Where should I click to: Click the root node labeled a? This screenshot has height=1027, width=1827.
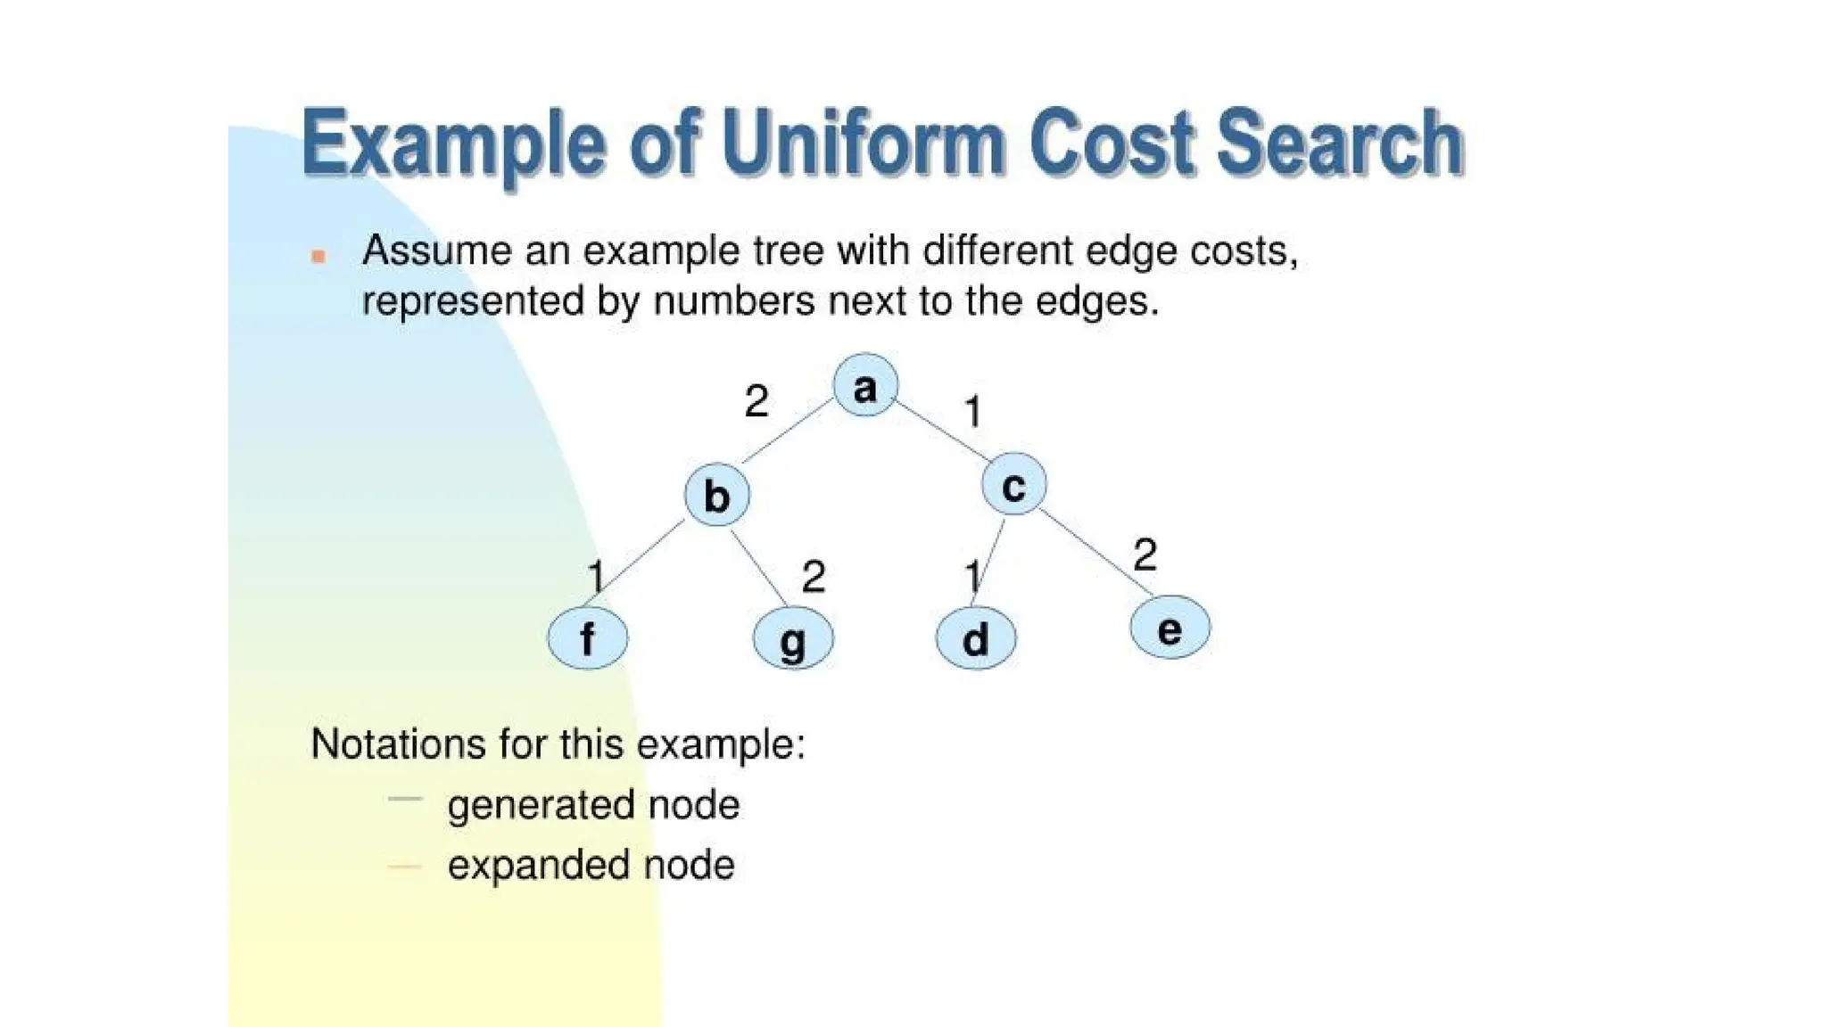click(864, 386)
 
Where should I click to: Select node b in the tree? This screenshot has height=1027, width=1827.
click(716, 495)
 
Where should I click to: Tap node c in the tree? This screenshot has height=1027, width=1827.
click(1013, 485)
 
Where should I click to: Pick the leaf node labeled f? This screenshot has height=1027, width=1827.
click(587, 638)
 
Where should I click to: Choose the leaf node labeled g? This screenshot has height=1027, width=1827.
click(793, 639)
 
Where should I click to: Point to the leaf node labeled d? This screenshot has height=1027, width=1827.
click(975, 639)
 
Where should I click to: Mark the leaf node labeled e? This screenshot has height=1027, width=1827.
click(1170, 629)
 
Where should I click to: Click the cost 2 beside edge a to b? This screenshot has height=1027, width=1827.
click(756, 401)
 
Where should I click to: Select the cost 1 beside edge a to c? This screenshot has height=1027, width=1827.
click(973, 412)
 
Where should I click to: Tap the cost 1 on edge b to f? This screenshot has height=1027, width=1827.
click(596, 576)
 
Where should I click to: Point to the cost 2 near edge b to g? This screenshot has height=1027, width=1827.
click(813, 577)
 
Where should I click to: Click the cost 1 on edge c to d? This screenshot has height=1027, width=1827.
click(972, 576)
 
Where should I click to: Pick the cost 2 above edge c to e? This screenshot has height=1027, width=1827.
click(1145, 555)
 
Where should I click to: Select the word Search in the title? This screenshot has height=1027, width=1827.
click(1339, 143)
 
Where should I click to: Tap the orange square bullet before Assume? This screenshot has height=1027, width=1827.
click(318, 257)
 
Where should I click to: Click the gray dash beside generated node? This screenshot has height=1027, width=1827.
click(404, 800)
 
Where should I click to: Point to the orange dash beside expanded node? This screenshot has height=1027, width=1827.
click(404, 866)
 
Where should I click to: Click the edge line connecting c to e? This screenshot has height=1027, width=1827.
click(1095, 554)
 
